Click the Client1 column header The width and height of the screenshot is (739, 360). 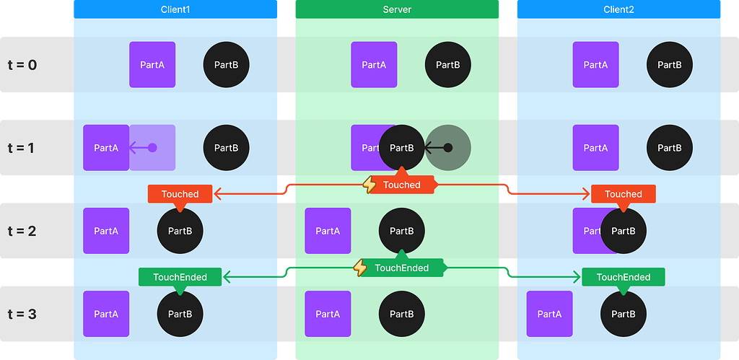coord(175,9)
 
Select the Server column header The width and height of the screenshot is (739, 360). coord(397,9)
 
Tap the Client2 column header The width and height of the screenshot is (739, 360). coord(618,9)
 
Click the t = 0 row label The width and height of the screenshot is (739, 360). coord(22,65)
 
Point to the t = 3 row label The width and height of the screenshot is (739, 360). coord(22,315)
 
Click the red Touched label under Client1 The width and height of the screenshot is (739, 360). coord(180,194)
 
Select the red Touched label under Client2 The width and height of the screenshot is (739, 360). coord(624,194)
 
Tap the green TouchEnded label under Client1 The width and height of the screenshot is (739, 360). coord(180,277)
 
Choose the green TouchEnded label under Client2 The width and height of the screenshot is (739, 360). coord(624,277)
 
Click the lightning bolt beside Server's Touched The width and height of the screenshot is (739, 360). coord(369,185)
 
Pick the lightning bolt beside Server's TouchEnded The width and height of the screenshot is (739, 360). coord(360,268)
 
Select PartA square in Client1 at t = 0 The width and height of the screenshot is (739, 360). coord(152,65)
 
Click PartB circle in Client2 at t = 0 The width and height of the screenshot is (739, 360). coord(670,65)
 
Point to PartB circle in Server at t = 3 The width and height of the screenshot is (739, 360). coord(402,315)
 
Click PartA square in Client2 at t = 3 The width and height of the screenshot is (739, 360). coord(549,315)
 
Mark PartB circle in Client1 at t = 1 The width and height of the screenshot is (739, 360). coord(227,148)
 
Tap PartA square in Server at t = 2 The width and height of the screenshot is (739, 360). coord(328,232)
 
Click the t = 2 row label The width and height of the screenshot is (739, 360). coord(22,232)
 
